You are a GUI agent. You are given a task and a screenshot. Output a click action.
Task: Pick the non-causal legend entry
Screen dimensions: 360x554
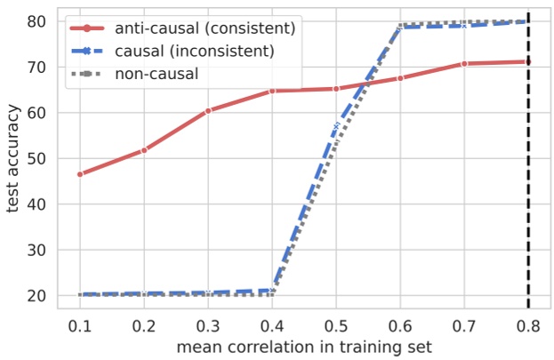tap(156, 72)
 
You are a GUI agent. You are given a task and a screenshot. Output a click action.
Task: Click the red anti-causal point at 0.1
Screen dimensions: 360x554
tap(81, 174)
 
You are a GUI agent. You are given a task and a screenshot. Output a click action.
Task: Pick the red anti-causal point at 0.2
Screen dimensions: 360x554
tap(144, 150)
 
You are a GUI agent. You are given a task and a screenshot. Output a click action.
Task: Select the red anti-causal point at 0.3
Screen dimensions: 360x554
tap(208, 111)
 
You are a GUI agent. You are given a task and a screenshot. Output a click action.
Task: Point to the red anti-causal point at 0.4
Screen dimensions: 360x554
tap(272, 91)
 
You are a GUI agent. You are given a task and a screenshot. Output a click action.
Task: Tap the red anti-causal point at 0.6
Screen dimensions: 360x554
tap(400, 78)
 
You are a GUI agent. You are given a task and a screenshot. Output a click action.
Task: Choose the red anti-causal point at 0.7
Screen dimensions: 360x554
tap(464, 64)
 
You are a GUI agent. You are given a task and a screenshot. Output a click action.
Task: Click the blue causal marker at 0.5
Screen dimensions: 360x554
tap(336, 127)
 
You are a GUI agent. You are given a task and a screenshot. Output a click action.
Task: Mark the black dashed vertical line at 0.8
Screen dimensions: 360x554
tap(528, 178)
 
